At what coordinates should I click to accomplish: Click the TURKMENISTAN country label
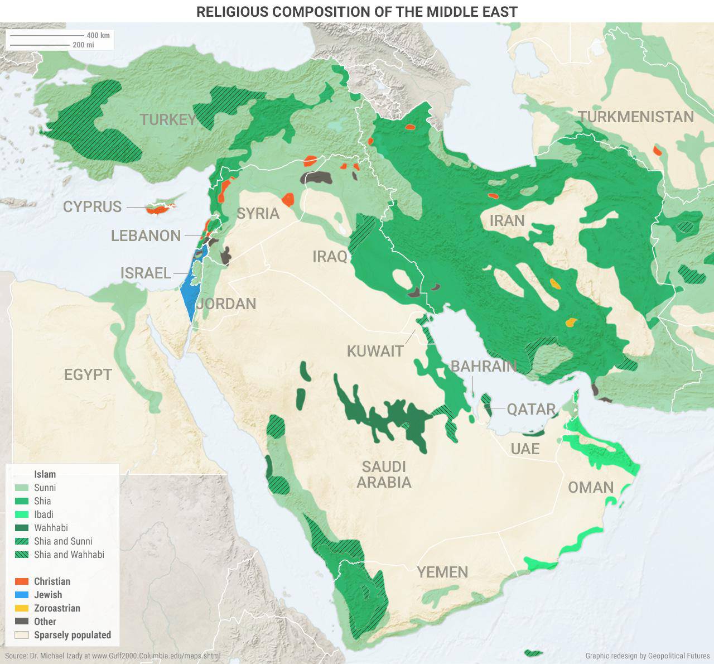tap(635, 117)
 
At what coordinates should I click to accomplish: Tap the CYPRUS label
tap(92, 206)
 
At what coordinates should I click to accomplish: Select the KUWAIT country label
tap(375, 351)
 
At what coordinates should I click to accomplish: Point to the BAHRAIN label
tap(483, 366)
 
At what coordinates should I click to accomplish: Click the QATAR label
tap(530, 409)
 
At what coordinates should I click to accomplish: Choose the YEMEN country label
tap(442, 572)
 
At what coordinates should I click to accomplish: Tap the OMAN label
tap(590, 488)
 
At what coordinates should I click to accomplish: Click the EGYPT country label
tap(88, 374)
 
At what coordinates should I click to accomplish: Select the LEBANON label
tap(146, 235)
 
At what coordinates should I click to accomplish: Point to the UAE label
tap(524, 449)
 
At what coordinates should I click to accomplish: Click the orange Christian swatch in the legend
tap(22, 581)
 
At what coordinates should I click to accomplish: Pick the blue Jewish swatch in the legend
tap(22, 595)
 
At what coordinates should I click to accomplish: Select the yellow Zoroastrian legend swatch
tap(22, 608)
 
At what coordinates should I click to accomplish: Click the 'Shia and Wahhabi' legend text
tap(69, 555)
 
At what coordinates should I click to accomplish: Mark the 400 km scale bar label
tap(98, 35)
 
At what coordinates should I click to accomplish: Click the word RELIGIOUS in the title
tap(239, 11)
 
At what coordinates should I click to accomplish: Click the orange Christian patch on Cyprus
tap(156, 210)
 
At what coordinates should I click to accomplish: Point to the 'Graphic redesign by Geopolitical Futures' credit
tap(647, 656)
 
